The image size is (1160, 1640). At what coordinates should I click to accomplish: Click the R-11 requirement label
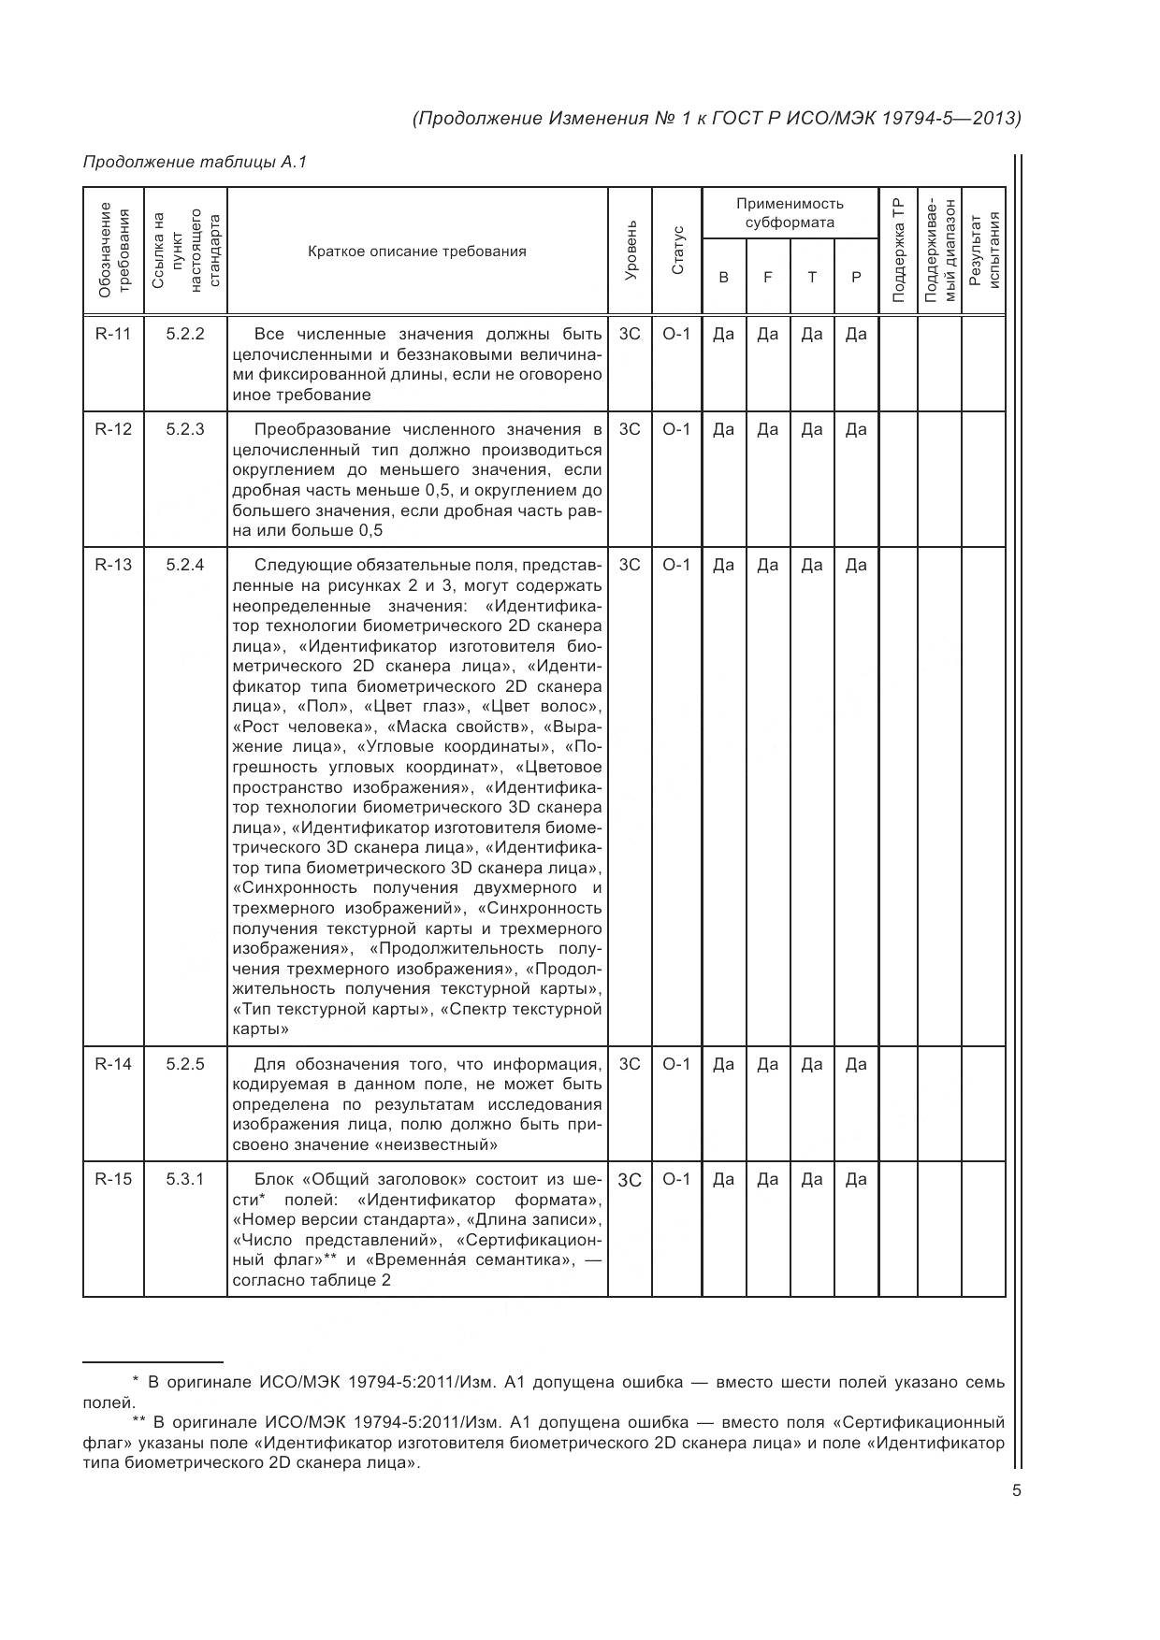113,334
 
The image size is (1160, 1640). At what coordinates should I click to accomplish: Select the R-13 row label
113,565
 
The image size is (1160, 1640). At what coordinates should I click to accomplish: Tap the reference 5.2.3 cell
185,429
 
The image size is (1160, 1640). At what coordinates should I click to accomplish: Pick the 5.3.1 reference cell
185,1179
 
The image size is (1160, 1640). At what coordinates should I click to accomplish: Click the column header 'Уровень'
631,251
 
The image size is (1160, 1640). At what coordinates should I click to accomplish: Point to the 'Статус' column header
677,251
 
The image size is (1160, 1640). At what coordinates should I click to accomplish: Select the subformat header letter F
768,278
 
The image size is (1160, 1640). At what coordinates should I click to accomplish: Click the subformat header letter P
856,278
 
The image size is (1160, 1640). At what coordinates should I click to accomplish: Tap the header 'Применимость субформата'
790,212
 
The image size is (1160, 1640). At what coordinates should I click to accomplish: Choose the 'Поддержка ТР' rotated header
898,251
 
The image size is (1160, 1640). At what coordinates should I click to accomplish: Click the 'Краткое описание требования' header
417,251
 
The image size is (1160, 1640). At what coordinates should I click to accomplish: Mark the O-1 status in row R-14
676,1064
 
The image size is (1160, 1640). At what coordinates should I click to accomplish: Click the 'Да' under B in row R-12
723,429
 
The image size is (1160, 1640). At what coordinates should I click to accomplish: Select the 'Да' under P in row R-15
856,1179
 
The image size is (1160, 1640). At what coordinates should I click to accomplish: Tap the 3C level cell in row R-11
631,334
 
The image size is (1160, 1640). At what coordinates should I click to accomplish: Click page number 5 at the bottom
1016,1490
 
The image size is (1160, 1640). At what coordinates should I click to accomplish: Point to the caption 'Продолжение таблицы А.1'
196,162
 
